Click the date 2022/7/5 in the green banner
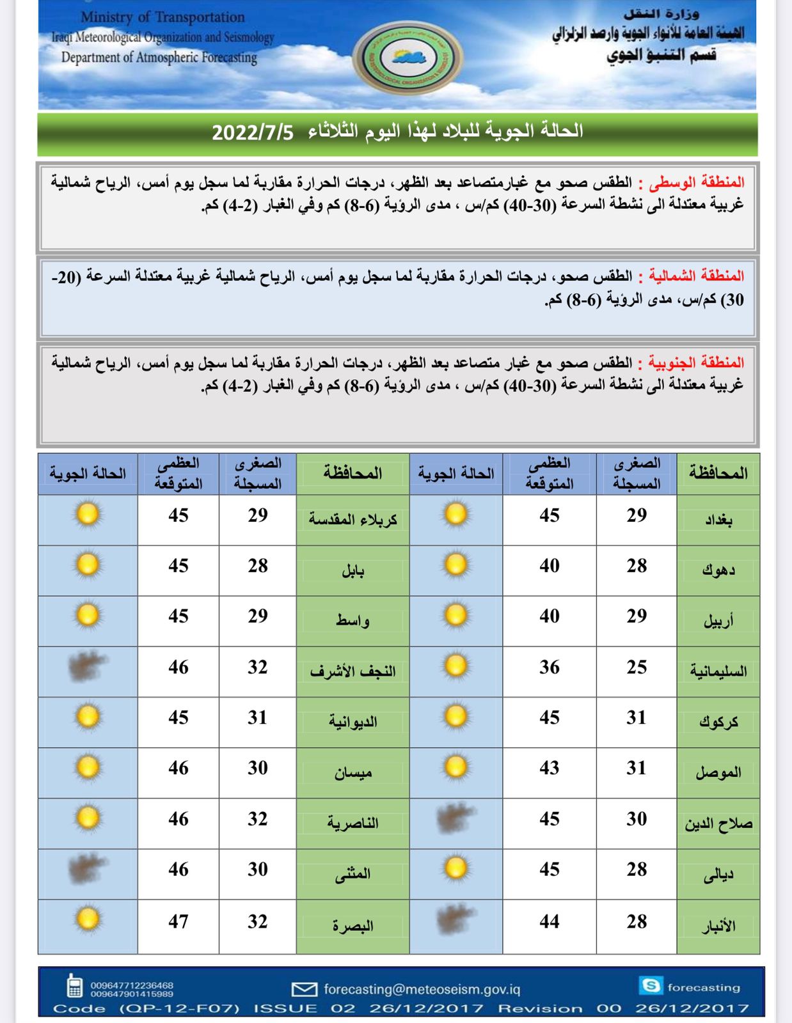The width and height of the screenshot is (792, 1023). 253,132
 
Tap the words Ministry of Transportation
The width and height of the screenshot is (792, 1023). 162,17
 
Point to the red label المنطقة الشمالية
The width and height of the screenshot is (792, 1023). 696,276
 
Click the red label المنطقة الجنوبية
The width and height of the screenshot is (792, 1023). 696,363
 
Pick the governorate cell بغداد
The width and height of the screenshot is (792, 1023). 718,520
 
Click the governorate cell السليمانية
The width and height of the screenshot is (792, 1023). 718,671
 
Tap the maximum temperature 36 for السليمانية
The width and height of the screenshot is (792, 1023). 549,668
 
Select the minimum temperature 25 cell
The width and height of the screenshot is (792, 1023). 637,668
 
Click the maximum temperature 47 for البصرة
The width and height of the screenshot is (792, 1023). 178,921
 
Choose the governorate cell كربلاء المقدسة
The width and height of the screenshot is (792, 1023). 352,520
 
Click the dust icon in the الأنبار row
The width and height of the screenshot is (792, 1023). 455,921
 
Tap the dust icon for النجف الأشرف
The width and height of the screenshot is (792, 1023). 88,667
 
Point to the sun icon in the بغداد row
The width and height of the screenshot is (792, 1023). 455,515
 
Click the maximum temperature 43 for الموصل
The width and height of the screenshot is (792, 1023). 549,768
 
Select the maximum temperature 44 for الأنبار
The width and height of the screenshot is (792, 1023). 549,921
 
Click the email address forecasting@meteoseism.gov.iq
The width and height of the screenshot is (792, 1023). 422,989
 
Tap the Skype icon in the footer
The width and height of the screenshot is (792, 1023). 651,985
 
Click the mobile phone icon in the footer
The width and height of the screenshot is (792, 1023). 75,986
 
